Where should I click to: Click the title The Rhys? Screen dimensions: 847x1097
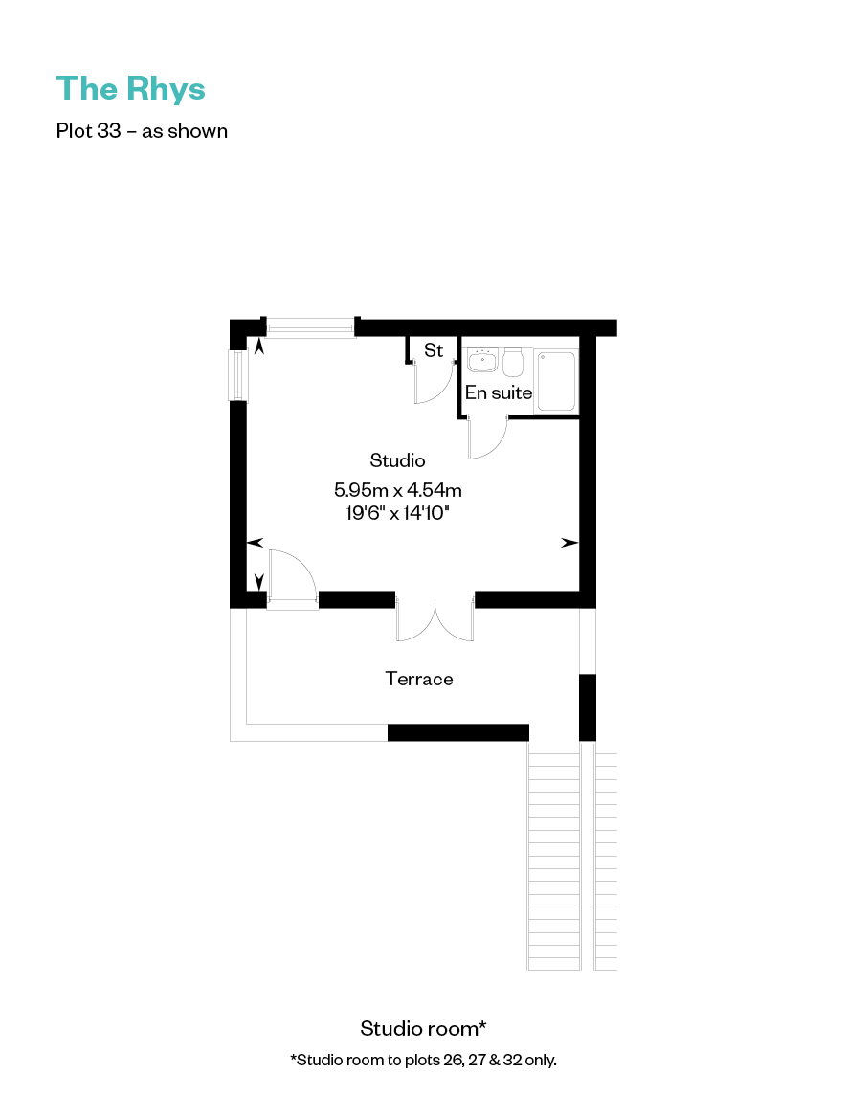point(131,90)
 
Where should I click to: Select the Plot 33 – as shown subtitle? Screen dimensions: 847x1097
point(142,131)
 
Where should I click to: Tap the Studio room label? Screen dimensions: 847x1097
point(397,460)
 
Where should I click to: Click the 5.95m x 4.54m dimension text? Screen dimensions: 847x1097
point(397,490)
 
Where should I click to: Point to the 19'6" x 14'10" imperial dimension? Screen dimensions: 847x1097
point(397,513)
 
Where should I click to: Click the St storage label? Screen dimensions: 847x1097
point(434,349)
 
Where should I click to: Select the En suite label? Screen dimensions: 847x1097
point(499,392)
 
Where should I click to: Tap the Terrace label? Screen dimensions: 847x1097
point(419,679)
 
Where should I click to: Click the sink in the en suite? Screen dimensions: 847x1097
point(482,360)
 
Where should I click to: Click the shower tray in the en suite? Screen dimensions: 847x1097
point(557,381)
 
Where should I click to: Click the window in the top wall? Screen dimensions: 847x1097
point(310,326)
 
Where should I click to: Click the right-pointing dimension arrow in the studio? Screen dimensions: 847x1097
point(569,542)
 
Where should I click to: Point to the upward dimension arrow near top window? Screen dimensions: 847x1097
point(259,347)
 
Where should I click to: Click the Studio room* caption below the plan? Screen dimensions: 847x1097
point(423,1028)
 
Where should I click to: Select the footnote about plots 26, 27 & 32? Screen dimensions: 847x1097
point(423,1060)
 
